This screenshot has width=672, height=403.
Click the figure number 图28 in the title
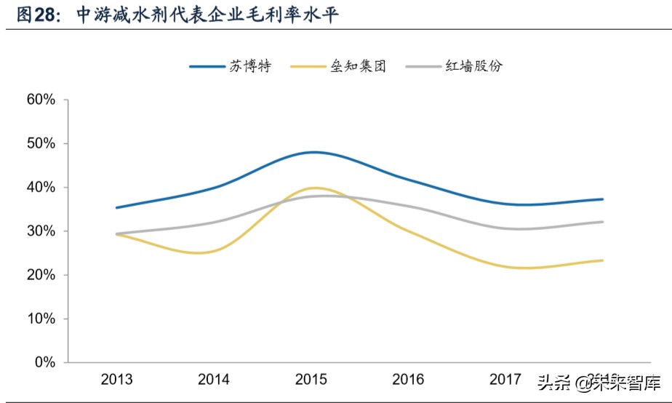point(35,15)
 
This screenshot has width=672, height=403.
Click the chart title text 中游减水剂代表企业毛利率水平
point(210,15)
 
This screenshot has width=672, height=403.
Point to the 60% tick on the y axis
point(41,100)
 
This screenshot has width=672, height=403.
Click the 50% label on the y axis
point(41,143)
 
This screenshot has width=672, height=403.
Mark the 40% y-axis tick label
point(41,187)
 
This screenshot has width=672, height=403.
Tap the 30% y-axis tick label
point(41,231)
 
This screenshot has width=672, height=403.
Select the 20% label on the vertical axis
point(41,275)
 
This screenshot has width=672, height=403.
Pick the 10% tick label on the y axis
point(41,319)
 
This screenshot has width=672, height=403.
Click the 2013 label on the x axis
point(116,379)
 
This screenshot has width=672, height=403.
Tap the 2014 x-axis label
point(214,379)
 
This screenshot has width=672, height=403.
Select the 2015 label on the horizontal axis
point(311,379)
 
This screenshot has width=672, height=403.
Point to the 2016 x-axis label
point(408,379)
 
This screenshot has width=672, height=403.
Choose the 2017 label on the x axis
point(505,379)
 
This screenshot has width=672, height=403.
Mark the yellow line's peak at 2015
point(313,188)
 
